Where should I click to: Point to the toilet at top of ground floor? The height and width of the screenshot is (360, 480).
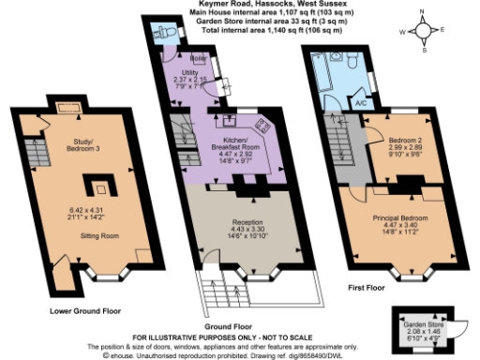pyautogui.click(x=167, y=30)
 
